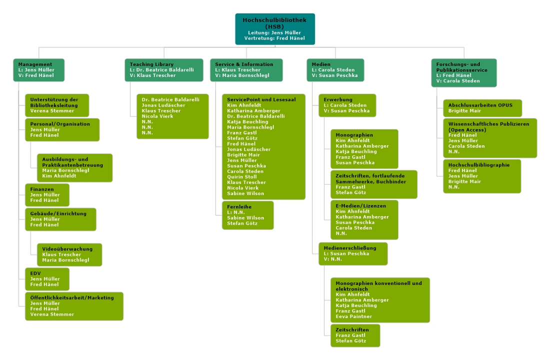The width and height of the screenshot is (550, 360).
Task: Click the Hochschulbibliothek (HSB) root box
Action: pyautogui.click(x=275, y=28)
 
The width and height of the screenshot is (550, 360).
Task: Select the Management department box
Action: pyautogui.click(x=39, y=70)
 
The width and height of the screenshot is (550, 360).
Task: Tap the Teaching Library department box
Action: pyautogui.click(x=164, y=70)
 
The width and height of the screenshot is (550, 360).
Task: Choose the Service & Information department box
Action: pyautogui.click(x=246, y=70)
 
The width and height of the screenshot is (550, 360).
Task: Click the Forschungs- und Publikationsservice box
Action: pyautogui.click(x=463, y=72)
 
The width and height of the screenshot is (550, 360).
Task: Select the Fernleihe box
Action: pyautogui.click(x=247, y=215)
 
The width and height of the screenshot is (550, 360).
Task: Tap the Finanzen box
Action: pyautogui.click(x=47, y=195)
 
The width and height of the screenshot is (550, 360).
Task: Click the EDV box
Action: pyautogui.click(x=47, y=279)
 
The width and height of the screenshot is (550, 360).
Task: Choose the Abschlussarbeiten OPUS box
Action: pyautogui.click(x=482, y=108)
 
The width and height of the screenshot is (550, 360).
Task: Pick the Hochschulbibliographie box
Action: pyautogui.click(x=482, y=176)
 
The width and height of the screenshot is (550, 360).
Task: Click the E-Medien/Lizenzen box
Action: pyautogui.click(x=364, y=219)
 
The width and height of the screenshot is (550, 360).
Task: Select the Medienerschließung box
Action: pyautogui.click(x=353, y=253)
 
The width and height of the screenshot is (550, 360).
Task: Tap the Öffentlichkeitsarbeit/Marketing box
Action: pyautogui.click(x=74, y=306)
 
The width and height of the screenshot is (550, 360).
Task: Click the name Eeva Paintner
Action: pyautogui.click(x=354, y=316)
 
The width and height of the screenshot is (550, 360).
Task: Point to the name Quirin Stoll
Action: pyautogui.click(x=242, y=176)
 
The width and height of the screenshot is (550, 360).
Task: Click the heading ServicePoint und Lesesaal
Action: pyautogui.click(x=261, y=99)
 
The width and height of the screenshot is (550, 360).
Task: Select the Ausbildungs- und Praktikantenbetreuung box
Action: pyautogui.click(x=74, y=167)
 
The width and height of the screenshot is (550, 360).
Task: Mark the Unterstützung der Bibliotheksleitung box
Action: pyautogui.click(x=57, y=105)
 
